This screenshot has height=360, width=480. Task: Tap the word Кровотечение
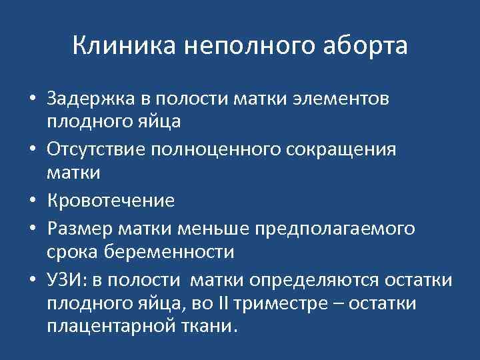(111, 200)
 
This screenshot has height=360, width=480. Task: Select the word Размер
(77, 229)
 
